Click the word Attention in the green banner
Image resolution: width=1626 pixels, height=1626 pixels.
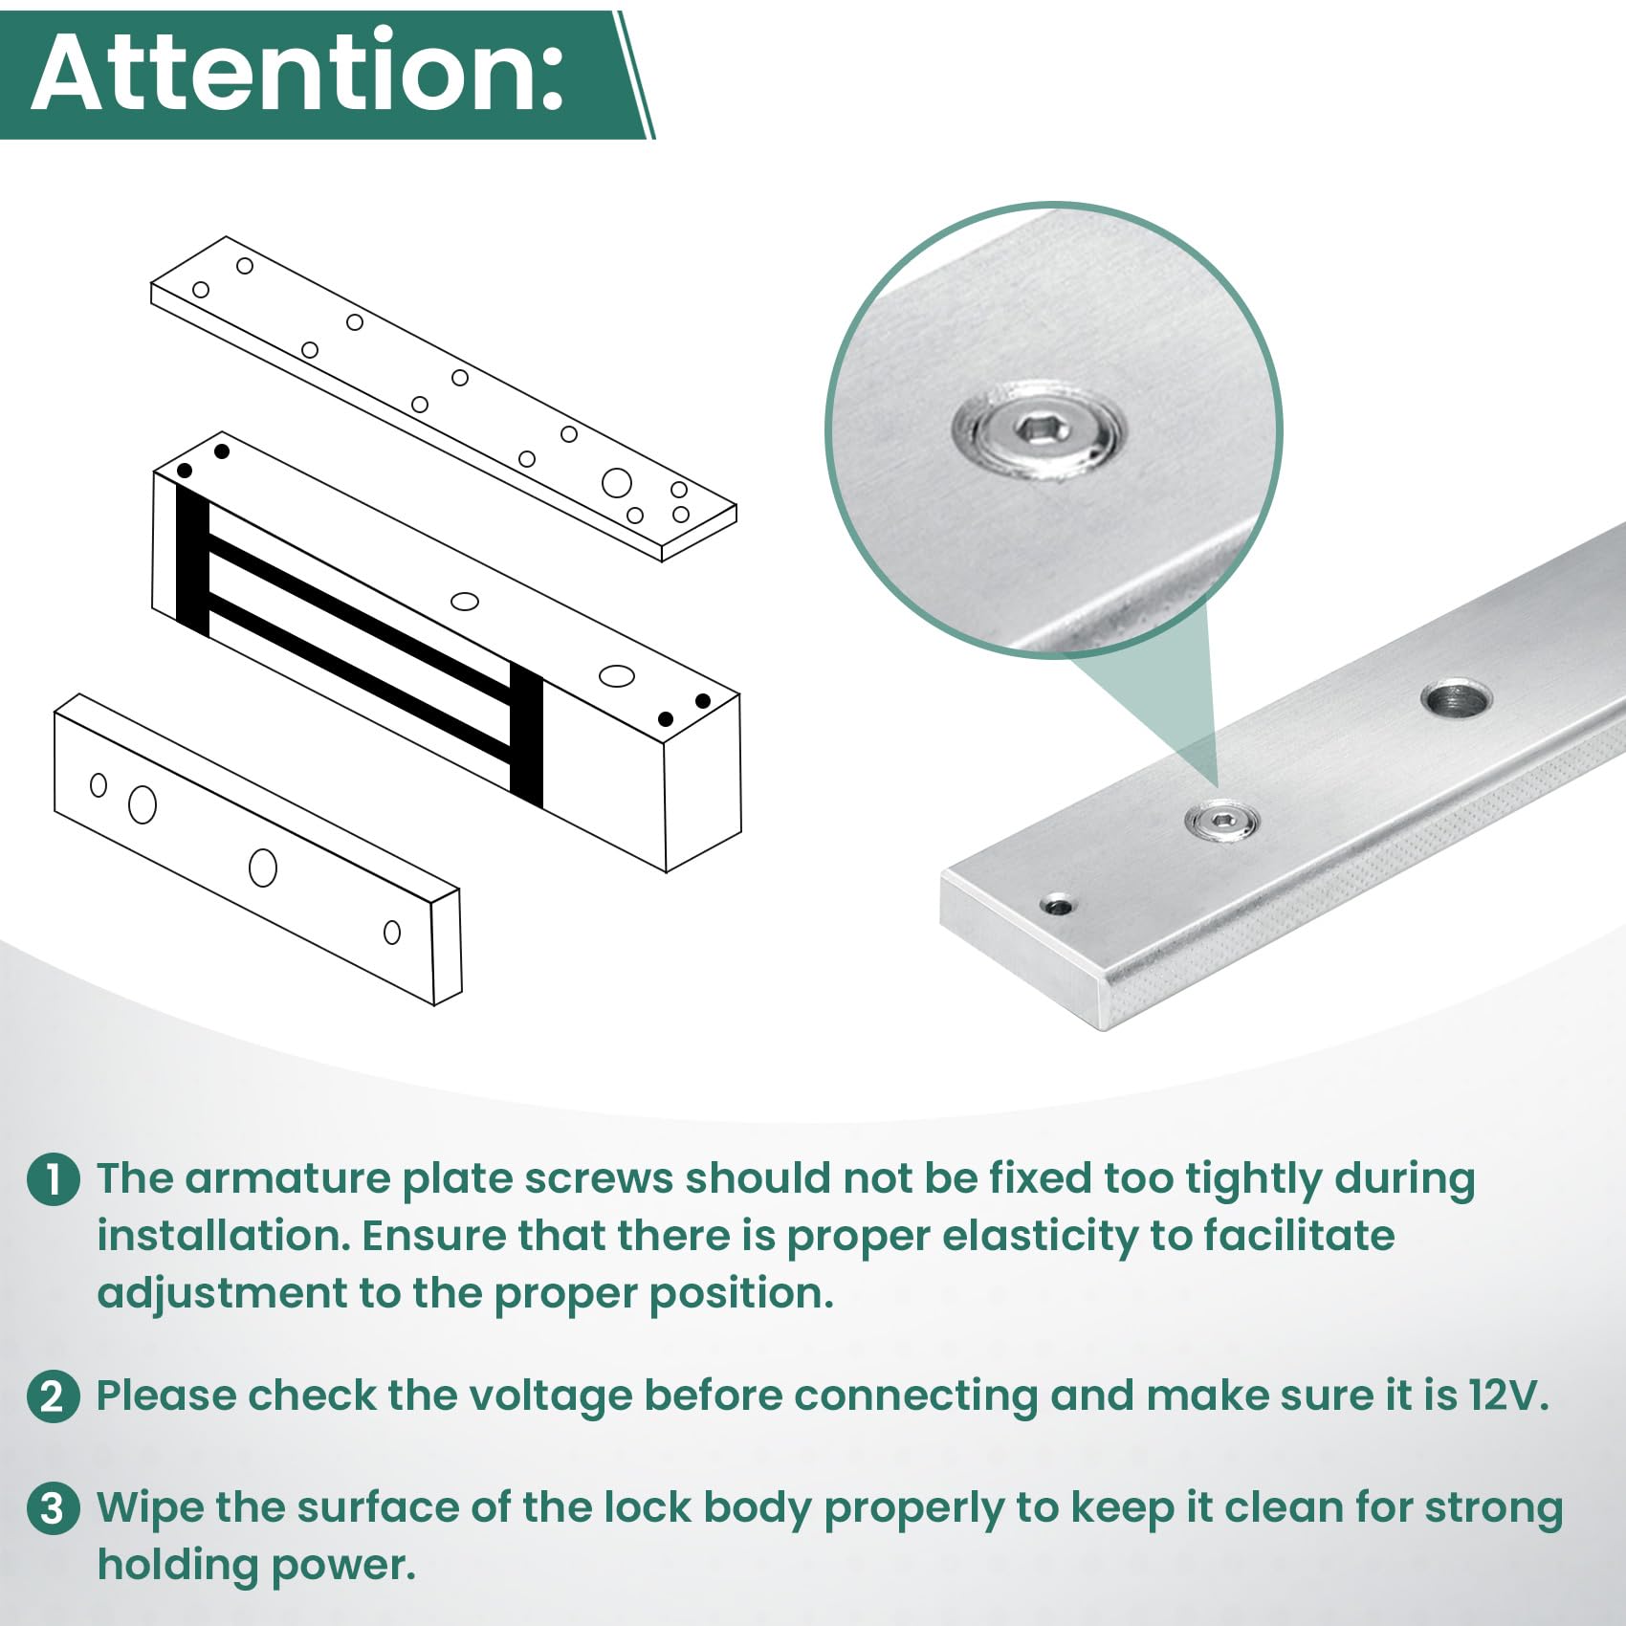coord(297,73)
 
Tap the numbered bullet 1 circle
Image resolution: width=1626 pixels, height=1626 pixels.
coord(54,1179)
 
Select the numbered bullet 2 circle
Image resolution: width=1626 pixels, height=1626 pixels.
coord(54,1396)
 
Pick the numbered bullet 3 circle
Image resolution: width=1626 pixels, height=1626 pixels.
coord(54,1508)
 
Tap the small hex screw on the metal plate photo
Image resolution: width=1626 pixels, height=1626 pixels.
coord(1221,821)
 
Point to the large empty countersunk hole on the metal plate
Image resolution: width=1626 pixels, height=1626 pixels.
coord(1455,699)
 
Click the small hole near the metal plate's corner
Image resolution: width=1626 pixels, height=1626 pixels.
coord(1057,904)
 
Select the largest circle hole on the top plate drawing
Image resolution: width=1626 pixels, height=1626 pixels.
coord(616,483)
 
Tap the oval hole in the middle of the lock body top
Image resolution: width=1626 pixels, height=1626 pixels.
coord(465,601)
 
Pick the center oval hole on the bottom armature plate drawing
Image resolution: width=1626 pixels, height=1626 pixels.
coord(263,867)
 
